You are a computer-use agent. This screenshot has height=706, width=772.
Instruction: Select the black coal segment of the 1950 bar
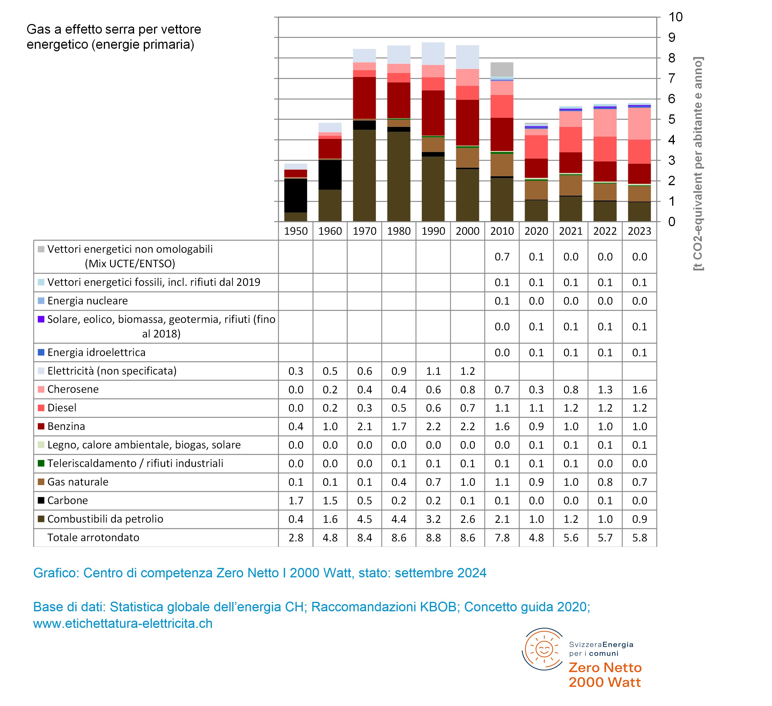pyautogui.click(x=296, y=195)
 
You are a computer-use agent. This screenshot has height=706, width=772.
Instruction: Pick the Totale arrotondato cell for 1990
pyautogui.click(x=433, y=537)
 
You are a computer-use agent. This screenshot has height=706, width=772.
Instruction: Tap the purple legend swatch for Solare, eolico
pyautogui.click(x=41, y=319)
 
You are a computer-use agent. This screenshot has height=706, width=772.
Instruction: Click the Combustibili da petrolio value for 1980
pyautogui.click(x=399, y=519)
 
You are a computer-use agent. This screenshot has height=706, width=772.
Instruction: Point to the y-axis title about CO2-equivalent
pyautogui.click(x=698, y=163)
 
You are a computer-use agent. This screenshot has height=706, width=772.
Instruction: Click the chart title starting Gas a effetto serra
pyautogui.click(x=114, y=37)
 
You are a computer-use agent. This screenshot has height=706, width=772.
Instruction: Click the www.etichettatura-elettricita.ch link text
pyautogui.click(x=123, y=623)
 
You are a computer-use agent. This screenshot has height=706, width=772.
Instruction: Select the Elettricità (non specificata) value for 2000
pyautogui.click(x=467, y=371)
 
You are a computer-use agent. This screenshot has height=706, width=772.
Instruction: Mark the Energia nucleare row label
pyautogui.click(x=87, y=301)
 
